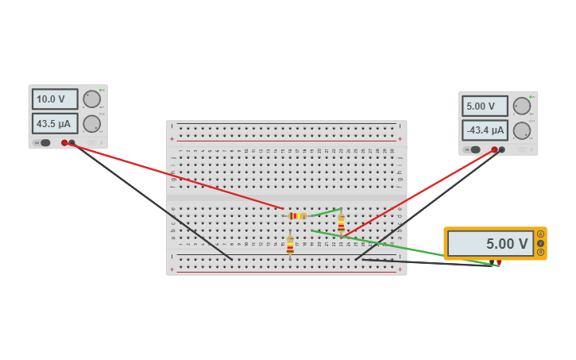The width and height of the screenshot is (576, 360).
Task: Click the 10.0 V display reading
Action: click(x=55, y=99)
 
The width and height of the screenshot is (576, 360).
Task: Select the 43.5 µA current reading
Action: click(x=55, y=124)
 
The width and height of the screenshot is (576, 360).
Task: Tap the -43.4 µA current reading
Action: click(x=485, y=130)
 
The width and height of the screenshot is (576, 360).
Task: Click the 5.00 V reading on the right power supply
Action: click(x=485, y=106)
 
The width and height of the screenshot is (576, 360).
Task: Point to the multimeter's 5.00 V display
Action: click(x=490, y=244)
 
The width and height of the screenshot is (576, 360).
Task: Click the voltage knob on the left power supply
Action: click(x=92, y=99)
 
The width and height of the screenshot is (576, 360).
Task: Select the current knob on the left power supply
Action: click(x=92, y=124)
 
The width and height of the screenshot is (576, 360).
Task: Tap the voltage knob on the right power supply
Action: click(x=522, y=106)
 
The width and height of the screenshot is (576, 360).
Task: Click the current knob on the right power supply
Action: click(x=522, y=130)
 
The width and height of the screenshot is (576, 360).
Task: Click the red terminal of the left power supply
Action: click(x=64, y=143)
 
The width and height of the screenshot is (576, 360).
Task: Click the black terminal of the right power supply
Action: click(x=501, y=149)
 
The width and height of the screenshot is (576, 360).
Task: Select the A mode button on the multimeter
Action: click(x=541, y=234)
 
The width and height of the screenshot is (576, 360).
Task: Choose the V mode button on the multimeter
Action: click(x=541, y=243)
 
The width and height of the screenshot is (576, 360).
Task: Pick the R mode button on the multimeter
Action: click(x=541, y=252)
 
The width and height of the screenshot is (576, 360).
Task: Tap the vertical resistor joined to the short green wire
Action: click(x=341, y=223)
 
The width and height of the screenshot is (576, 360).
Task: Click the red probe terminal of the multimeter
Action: click(x=499, y=261)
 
